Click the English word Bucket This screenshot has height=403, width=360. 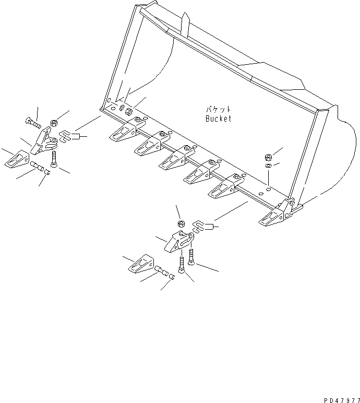point(218,118)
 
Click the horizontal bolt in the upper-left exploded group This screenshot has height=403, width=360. point(32,123)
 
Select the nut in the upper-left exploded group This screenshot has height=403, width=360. point(54,124)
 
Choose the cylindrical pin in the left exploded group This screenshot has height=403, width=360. point(36,167)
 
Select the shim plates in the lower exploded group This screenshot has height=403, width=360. point(199,226)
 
